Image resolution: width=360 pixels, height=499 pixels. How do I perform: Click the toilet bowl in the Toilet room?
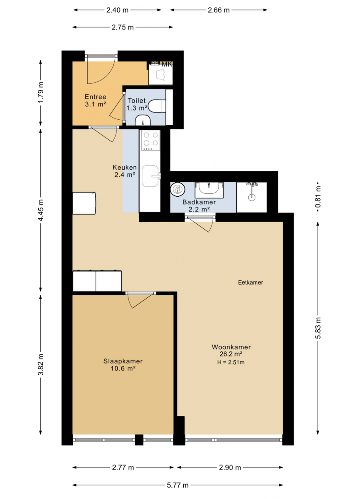(157, 106)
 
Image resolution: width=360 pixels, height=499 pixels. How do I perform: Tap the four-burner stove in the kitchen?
(150, 140)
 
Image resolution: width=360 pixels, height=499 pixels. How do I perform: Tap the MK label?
(167, 64)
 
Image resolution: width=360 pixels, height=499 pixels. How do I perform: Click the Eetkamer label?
(251, 283)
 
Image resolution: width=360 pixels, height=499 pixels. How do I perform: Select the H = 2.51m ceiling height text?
(231, 363)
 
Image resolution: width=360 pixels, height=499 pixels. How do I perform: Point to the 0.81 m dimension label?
(318, 197)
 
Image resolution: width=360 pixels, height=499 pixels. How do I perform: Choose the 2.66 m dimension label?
(218, 10)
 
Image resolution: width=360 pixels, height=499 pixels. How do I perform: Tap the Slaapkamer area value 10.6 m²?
(123, 368)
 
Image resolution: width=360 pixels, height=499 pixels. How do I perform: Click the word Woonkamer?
(231, 347)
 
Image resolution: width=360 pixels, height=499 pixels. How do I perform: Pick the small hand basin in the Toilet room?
(143, 120)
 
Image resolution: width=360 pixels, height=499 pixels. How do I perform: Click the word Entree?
(96, 97)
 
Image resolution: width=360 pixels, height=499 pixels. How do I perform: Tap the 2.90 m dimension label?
(230, 467)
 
